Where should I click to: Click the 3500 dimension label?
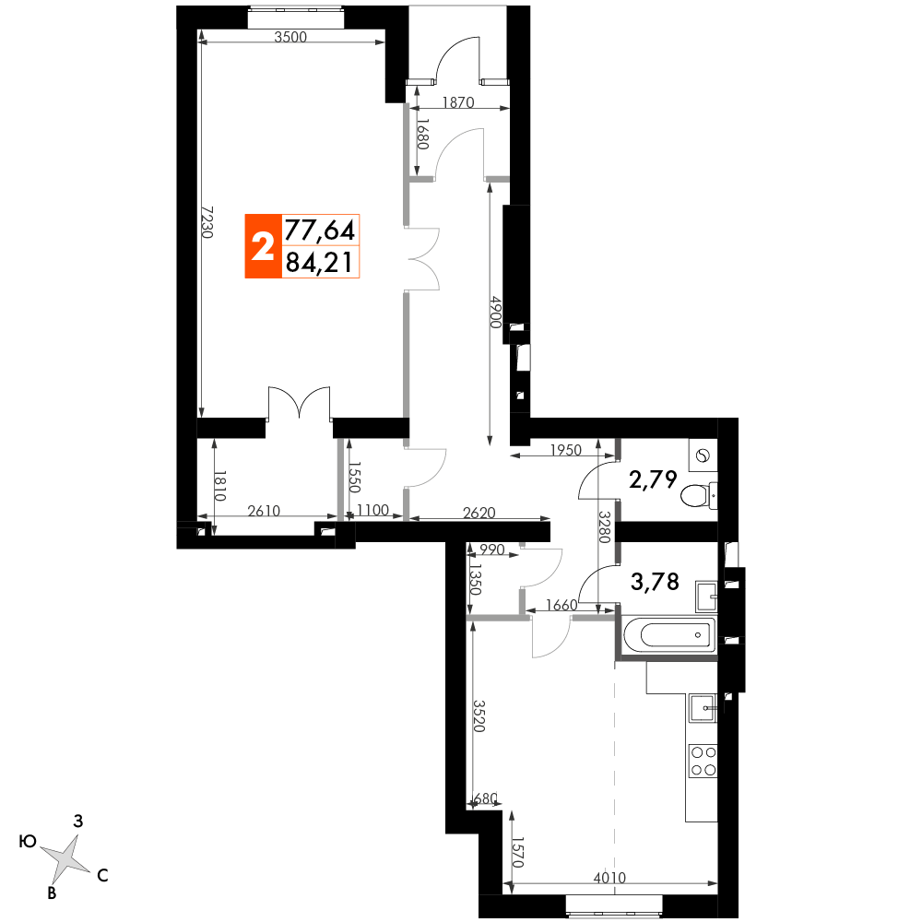click(x=291, y=37)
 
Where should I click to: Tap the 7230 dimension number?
click(x=207, y=221)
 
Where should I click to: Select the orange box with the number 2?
click(x=263, y=246)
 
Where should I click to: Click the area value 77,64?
click(x=320, y=230)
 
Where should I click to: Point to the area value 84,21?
click(x=320, y=262)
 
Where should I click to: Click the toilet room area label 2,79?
click(x=654, y=479)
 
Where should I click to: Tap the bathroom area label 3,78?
click(x=655, y=582)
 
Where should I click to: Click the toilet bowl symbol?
click(x=699, y=495)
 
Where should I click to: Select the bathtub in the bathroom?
click(x=668, y=634)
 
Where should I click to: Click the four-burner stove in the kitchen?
click(x=703, y=761)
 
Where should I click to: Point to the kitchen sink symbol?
click(x=703, y=708)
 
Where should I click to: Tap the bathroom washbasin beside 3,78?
click(x=706, y=597)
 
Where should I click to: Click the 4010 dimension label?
click(x=609, y=878)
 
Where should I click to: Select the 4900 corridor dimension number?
click(x=497, y=313)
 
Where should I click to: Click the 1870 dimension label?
click(x=458, y=102)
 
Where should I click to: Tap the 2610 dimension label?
click(x=264, y=511)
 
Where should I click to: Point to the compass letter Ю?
click(x=29, y=842)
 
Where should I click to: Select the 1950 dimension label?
click(x=566, y=450)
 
